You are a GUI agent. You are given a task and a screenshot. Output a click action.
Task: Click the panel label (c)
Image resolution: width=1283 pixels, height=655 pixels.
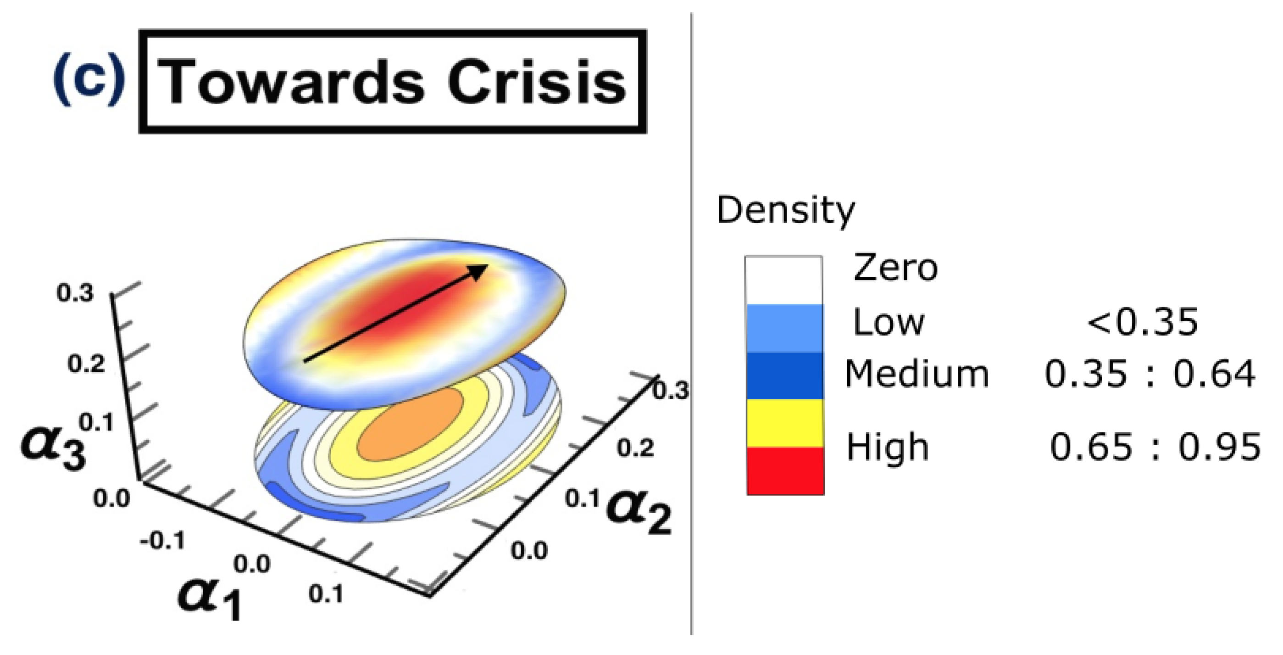[89, 80]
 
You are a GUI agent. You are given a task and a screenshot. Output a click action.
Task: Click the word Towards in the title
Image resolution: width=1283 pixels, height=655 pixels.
[291, 82]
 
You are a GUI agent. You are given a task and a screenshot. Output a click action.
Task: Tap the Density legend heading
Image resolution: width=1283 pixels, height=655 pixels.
[785, 210]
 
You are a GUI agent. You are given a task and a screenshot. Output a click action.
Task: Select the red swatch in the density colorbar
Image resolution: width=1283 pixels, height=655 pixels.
[785, 470]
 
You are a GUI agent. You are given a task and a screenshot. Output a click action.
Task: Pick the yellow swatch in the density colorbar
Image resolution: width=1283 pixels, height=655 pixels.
[785, 423]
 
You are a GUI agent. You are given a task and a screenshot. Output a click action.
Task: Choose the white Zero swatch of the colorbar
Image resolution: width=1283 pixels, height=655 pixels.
[783, 280]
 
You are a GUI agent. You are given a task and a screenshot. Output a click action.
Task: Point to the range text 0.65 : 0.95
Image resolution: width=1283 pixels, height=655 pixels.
[1155, 447]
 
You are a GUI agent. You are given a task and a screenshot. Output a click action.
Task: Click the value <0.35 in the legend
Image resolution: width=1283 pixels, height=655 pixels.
[1142, 323]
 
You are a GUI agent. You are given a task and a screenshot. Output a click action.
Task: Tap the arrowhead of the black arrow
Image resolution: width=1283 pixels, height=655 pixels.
[478, 271]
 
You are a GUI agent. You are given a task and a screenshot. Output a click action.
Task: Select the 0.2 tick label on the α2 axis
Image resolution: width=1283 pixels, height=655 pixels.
[635, 448]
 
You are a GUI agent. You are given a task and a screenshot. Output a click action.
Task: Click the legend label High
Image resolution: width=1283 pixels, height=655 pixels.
[888, 447]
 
